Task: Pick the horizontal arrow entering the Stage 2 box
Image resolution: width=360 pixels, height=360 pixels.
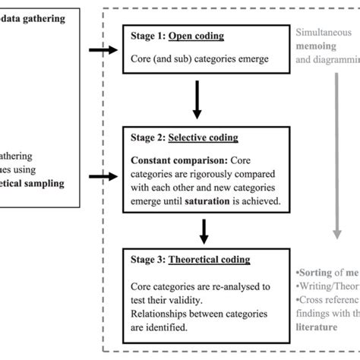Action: (103, 178)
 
